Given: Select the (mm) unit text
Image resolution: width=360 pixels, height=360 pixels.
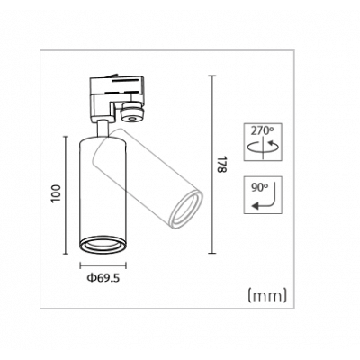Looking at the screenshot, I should (x=265, y=294).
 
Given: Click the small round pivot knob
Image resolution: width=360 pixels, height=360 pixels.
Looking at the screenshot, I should (x=132, y=114).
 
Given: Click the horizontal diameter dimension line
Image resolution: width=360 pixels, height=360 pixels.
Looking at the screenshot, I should (x=103, y=266).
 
